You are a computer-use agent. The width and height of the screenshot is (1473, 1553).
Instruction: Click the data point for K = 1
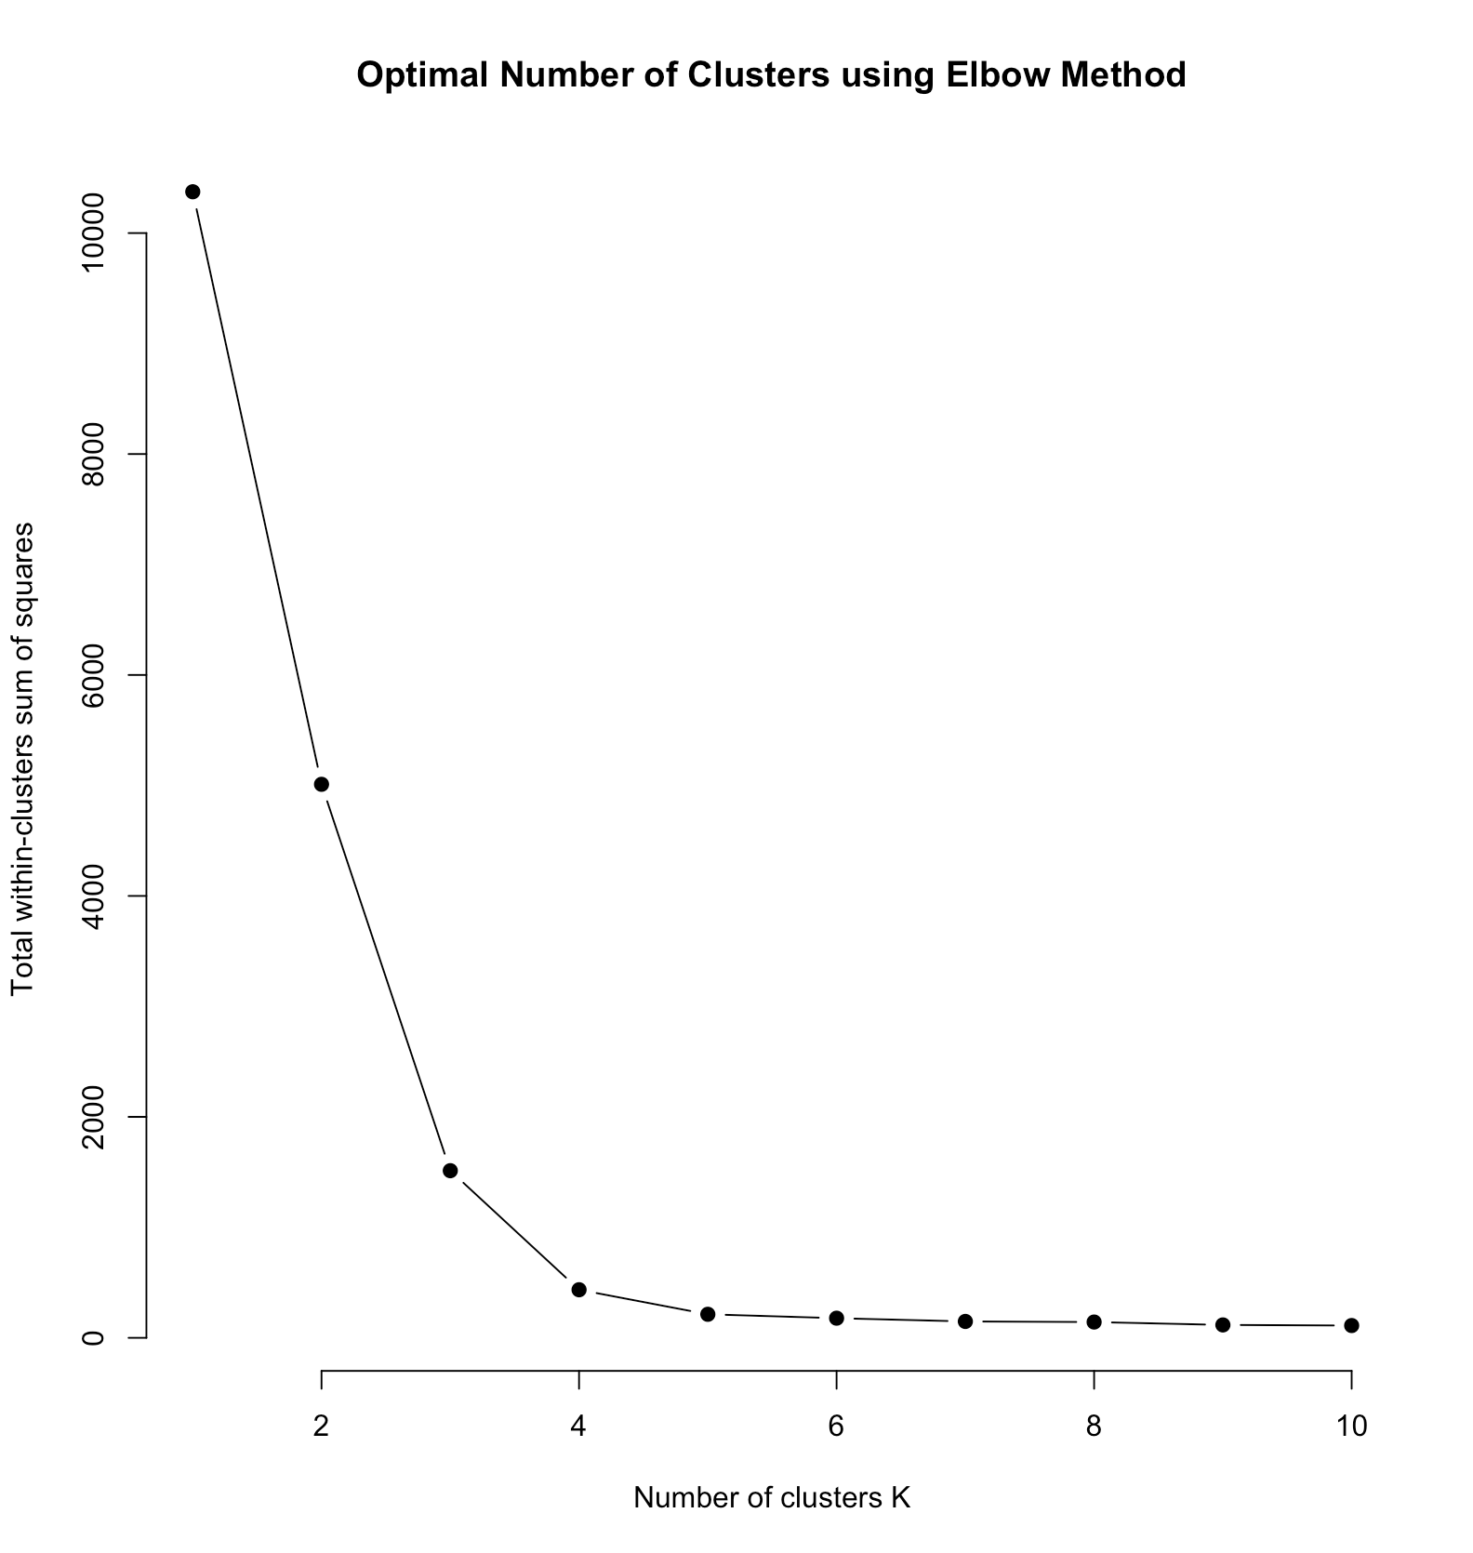pos(192,192)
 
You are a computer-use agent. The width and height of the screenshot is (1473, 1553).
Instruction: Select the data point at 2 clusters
pos(322,784)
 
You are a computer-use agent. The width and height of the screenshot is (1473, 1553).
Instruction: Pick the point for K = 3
pos(450,1171)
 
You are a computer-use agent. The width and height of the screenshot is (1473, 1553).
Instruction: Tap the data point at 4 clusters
pos(578,1289)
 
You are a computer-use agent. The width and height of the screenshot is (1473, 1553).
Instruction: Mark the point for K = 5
pos(708,1314)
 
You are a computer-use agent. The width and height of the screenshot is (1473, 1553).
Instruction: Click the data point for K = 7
pos(965,1321)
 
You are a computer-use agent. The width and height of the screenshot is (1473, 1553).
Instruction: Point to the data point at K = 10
pos(1351,1325)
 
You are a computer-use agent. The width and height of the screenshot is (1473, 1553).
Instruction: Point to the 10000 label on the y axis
pos(95,233)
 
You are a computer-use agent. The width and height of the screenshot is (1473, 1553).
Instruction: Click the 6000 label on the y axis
pos(95,675)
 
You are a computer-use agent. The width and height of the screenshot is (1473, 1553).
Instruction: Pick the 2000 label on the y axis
pos(95,1117)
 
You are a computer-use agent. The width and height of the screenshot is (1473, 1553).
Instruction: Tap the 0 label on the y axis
pos(95,1337)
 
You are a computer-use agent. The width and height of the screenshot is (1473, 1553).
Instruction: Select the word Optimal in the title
pos(423,74)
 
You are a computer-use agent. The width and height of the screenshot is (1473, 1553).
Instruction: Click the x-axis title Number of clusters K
pos(772,1498)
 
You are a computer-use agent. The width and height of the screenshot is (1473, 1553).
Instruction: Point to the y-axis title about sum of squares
pos(22,758)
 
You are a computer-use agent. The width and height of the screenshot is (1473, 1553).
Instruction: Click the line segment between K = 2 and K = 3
pos(386,977)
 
